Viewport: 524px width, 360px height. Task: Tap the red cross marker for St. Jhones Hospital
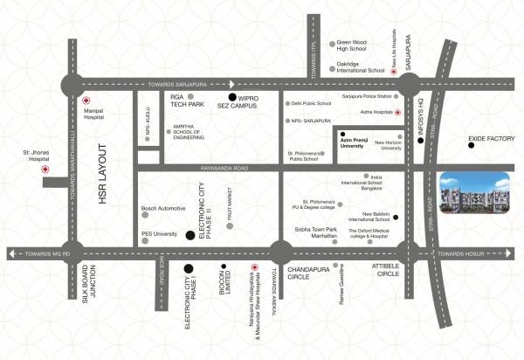coord(45,170)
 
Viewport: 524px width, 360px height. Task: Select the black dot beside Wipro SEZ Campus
coord(231,97)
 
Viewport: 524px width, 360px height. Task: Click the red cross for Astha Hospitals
coord(398,112)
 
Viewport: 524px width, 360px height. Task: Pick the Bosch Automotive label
coord(164,209)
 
